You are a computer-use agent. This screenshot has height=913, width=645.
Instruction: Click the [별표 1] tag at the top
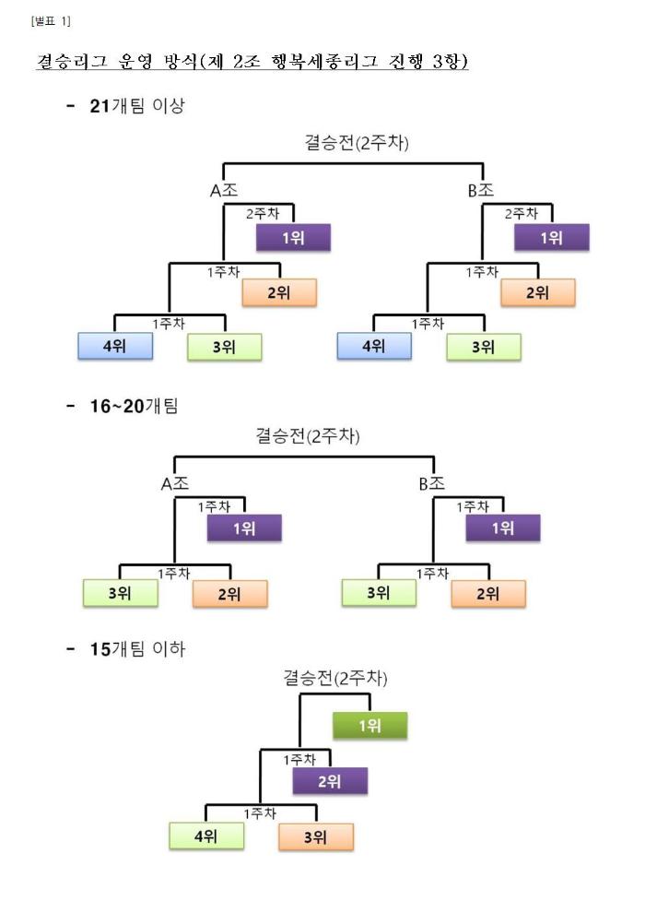pos(51,21)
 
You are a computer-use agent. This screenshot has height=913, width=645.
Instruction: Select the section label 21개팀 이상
pos(137,105)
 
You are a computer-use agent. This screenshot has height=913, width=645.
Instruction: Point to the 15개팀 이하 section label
pos(137,648)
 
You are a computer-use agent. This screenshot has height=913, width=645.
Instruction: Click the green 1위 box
pos(369,726)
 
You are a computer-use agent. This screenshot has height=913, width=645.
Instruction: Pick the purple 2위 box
pos(330,781)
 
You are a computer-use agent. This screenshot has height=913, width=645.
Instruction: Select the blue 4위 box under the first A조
pos(115,347)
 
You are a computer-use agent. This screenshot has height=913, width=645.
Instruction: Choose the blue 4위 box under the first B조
pos(374,347)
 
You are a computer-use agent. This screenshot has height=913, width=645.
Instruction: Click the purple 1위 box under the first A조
pos(293,238)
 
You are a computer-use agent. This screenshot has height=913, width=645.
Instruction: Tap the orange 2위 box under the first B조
pos(538,292)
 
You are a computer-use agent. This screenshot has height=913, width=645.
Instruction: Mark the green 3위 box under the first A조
pos(225,347)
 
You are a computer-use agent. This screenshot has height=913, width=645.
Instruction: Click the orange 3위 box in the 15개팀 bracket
pos(316,837)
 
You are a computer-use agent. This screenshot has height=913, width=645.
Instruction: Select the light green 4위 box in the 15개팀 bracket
pos(206,836)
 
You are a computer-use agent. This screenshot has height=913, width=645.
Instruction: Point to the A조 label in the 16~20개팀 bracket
pos(174,483)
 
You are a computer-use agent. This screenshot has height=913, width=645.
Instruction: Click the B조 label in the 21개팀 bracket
pos(481,190)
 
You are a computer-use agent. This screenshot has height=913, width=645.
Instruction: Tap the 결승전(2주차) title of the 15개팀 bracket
pos(335,678)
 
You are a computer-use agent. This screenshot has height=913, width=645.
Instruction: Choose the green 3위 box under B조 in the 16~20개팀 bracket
pos(379,593)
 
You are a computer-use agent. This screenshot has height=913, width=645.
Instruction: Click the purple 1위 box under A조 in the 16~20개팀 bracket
pos(244,528)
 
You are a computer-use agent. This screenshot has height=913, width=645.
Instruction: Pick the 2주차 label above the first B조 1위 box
pos(522,214)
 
